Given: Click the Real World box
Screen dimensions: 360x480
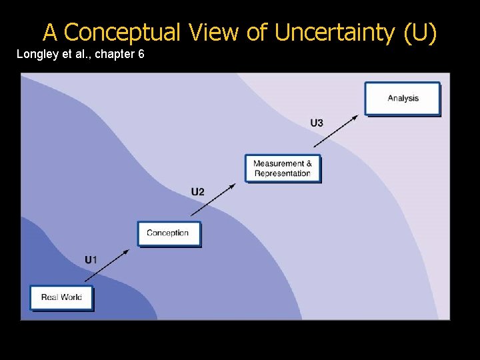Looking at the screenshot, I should [61, 297].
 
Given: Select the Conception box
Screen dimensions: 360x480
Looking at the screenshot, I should [168, 233].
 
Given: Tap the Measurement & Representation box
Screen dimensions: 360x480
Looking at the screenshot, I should [283, 168].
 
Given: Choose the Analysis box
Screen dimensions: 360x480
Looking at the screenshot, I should [403, 99].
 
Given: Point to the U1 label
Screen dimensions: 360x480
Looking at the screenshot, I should [91, 259].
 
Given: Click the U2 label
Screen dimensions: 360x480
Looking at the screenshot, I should [198, 192].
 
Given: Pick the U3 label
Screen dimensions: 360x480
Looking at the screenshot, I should [317, 123].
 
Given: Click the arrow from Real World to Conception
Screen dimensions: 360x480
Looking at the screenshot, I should [107, 264].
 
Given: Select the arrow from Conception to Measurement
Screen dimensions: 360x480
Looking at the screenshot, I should [213, 199].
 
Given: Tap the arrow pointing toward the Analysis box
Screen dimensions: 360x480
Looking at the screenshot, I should [336, 130].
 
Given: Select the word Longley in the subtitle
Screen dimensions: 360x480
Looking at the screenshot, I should [37, 53].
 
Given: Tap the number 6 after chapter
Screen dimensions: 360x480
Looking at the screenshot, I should [141, 53].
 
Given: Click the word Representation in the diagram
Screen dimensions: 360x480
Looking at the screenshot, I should [283, 173].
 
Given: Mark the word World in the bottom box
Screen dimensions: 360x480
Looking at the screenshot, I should [71, 297].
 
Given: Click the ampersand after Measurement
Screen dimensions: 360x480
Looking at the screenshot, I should [309, 163].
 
